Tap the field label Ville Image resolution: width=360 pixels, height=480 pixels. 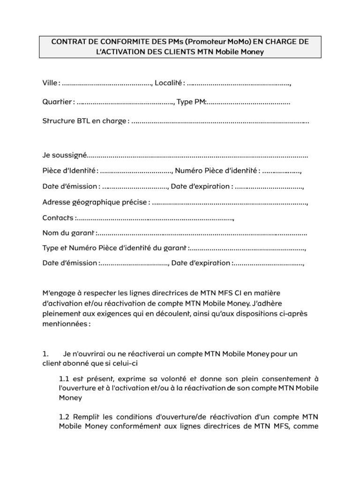pyautogui.click(x=50, y=83)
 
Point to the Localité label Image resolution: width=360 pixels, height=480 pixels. pyautogui.click(x=168, y=83)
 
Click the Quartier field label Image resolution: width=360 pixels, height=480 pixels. pyautogui.click(x=57, y=102)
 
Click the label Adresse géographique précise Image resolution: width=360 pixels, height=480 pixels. pyautogui.click(x=95, y=202)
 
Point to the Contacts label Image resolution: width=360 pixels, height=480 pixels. pyautogui.click(x=59, y=218)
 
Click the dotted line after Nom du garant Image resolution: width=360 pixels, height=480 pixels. pyautogui.click(x=202, y=233)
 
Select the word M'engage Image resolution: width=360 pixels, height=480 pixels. pyautogui.click(x=58, y=293)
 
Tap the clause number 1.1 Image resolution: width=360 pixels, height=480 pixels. pyautogui.click(x=65, y=378)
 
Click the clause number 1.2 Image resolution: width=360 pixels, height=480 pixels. pyautogui.click(x=65, y=417)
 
